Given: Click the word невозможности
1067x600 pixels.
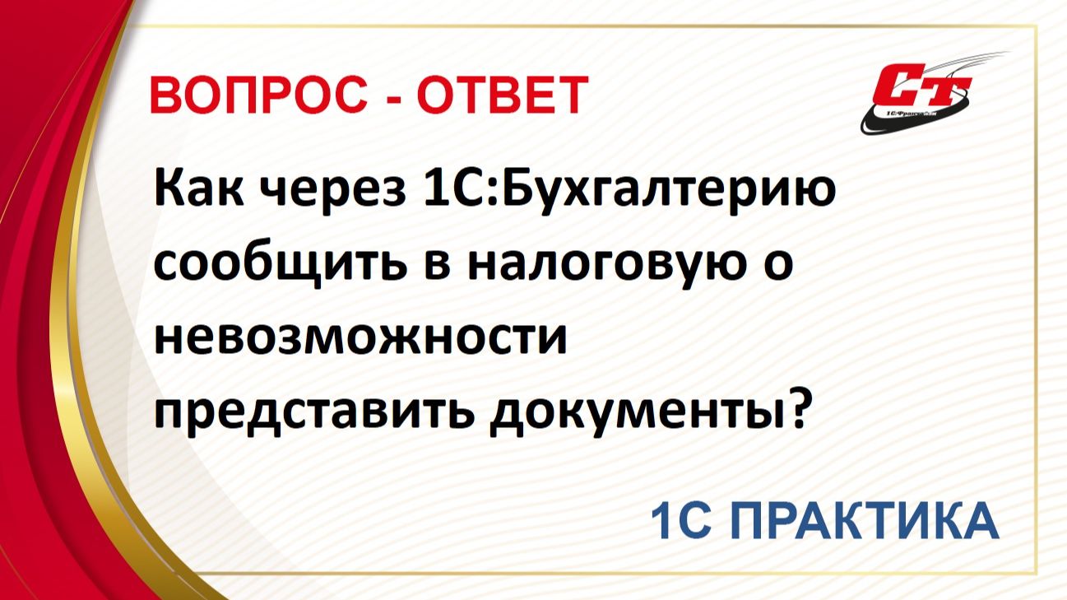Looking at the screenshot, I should (361, 338).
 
